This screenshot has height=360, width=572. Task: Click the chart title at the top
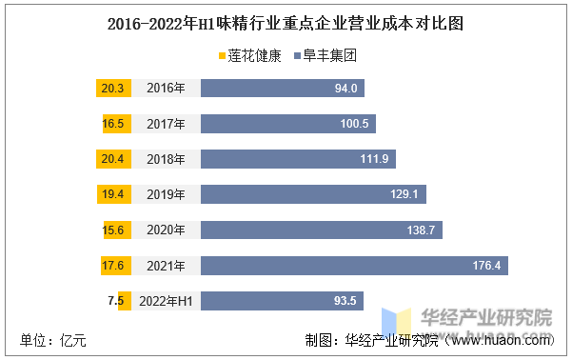tap(286, 23)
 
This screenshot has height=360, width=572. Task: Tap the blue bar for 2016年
tap(283, 89)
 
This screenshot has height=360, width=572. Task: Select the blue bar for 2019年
tap(313, 194)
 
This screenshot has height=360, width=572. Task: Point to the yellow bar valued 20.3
tap(111, 89)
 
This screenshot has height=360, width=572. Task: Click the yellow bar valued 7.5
tap(121, 301)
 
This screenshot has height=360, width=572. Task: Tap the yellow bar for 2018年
tap(112, 159)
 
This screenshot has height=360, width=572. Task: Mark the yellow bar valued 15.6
tap(115, 230)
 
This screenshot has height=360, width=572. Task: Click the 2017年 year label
tap(167, 124)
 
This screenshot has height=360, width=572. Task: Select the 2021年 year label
tap(167, 265)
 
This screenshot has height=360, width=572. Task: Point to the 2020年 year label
tap(167, 230)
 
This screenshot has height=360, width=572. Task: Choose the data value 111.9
tap(375, 159)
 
